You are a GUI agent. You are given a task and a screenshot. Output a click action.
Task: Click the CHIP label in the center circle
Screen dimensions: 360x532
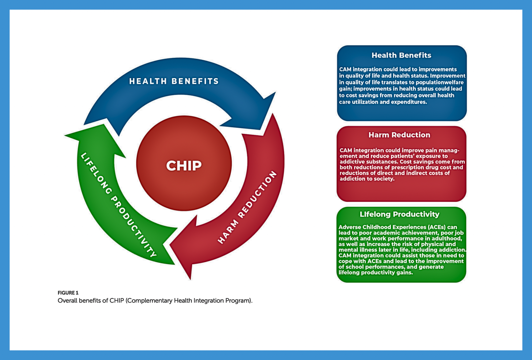click(184, 166)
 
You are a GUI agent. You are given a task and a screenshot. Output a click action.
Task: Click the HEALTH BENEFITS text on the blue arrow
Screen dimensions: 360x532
click(174, 81)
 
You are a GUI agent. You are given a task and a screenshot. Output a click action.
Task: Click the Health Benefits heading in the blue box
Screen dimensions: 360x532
click(401, 55)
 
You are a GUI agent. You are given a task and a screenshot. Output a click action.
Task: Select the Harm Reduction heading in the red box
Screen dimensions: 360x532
click(399, 135)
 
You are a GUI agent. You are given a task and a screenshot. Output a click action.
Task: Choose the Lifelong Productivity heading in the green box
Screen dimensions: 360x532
click(399, 214)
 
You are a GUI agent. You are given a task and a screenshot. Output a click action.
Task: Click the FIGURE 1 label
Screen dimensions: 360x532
click(68, 293)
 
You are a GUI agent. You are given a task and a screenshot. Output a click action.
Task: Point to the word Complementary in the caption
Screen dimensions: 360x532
click(150, 300)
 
